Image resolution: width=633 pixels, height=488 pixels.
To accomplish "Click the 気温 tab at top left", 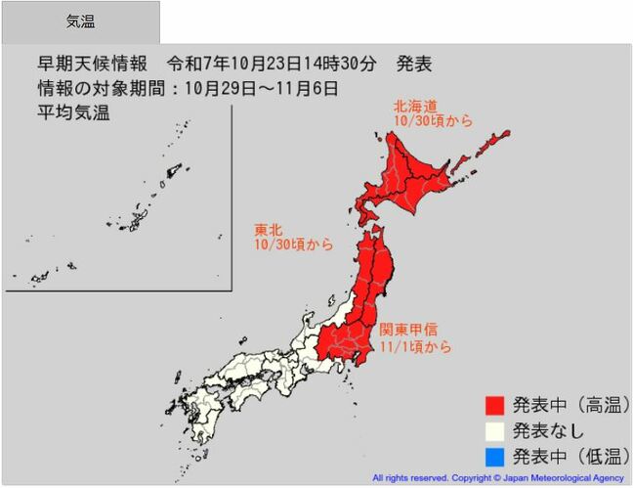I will click(x=80, y=22).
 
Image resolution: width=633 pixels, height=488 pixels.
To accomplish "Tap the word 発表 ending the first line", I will click(x=414, y=66).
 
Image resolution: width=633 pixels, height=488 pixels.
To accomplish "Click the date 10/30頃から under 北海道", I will click(x=433, y=121).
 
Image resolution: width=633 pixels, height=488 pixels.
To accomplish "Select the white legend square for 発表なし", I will click(x=497, y=430).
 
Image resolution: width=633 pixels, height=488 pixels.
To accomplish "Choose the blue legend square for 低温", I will click(x=497, y=455).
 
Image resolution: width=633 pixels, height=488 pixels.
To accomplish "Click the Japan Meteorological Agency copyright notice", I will click(x=498, y=478).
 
